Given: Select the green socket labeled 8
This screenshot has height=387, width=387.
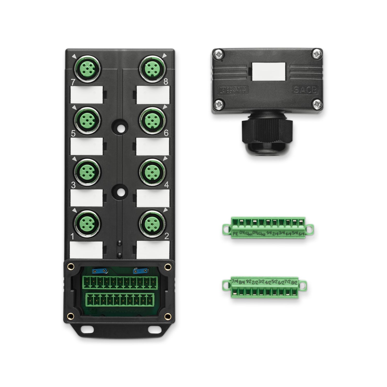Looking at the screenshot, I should tap(151, 68).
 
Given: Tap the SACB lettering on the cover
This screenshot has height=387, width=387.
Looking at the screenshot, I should tap(305, 90).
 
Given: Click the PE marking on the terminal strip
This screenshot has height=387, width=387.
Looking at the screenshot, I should tap(235, 234).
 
